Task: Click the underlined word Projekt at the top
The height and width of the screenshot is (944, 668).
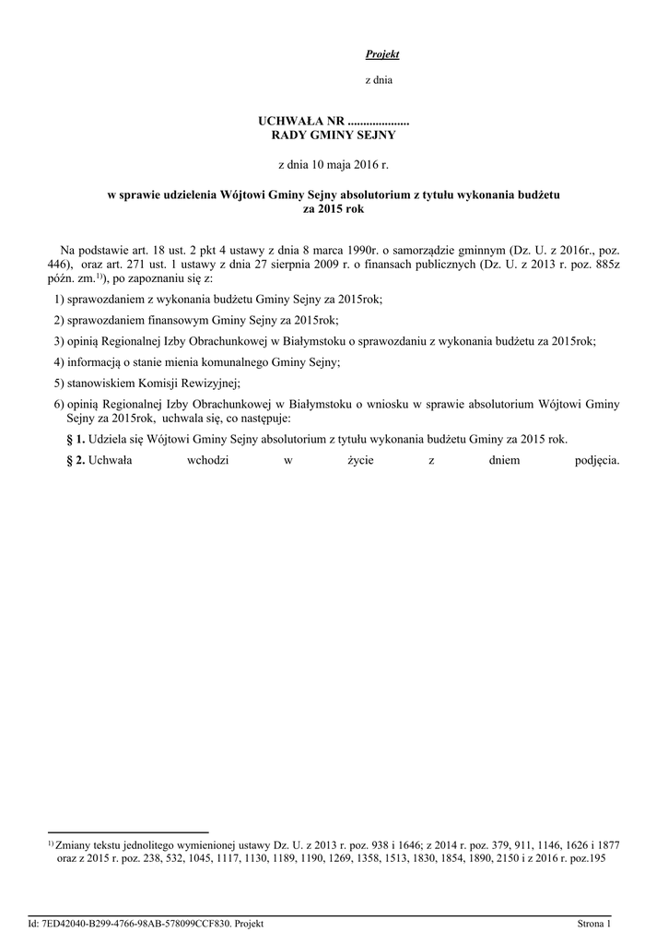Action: coord(381,54)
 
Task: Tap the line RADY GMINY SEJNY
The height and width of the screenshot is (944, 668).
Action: coord(333,136)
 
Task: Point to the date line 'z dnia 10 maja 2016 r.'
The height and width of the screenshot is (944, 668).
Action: coord(334,164)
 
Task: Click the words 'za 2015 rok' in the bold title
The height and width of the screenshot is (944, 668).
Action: coord(334,209)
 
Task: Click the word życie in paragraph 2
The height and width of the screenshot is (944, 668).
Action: coord(354,461)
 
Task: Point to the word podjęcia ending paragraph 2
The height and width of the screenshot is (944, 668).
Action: coord(590,461)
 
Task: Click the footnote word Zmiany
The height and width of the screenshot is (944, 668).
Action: coord(74,844)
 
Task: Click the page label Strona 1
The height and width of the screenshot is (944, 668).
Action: coord(594,923)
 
